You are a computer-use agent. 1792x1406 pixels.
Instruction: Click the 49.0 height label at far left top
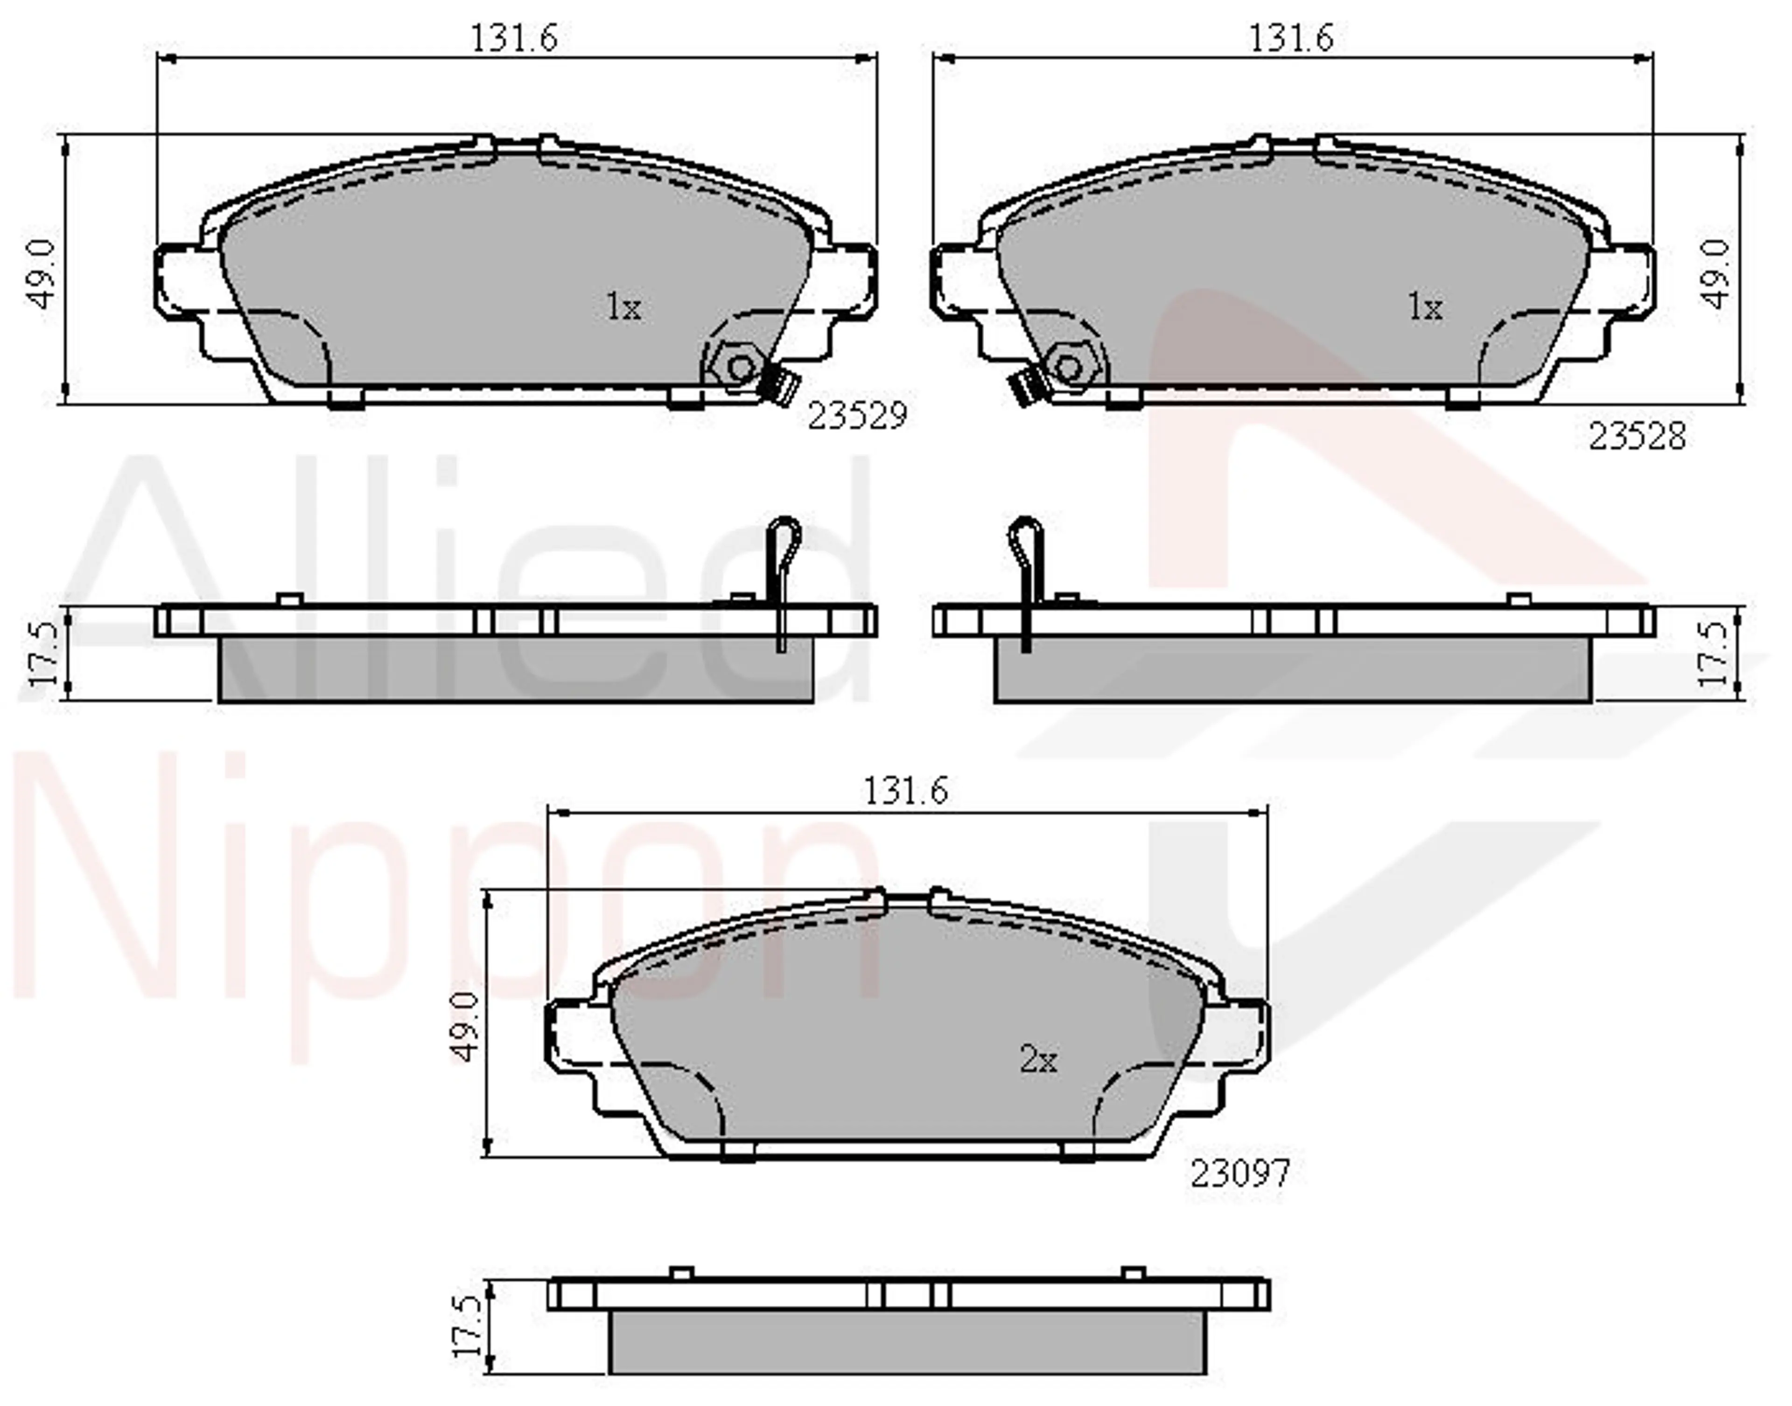pos(41,274)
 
